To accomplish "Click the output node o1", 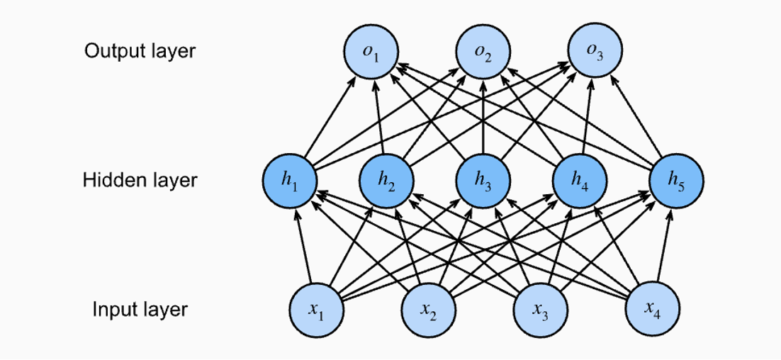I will pyautogui.click(x=371, y=51).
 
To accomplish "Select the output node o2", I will pyautogui.click(x=483, y=51).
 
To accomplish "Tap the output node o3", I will pyautogui.click(x=595, y=51).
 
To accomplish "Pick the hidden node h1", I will pyautogui.click(x=288, y=181).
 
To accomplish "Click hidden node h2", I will pyautogui.click(x=386, y=181).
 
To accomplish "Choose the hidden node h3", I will pyautogui.click(x=483, y=181).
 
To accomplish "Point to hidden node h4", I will pyautogui.click(x=580, y=181).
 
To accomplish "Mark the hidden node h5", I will pyautogui.click(x=677, y=181).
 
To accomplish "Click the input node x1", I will pyautogui.click(x=315, y=310).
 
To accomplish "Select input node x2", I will pyautogui.click(x=427, y=310).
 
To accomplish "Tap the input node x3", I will pyautogui.click(x=539, y=310).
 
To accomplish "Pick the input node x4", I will pyautogui.click(x=651, y=310).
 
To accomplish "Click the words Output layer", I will pyautogui.click(x=140, y=51).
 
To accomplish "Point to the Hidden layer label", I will pyautogui.click(x=140, y=180).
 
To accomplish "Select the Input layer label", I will pyautogui.click(x=140, y=310).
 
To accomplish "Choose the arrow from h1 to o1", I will pyautogui.click(x=330, y=116).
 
